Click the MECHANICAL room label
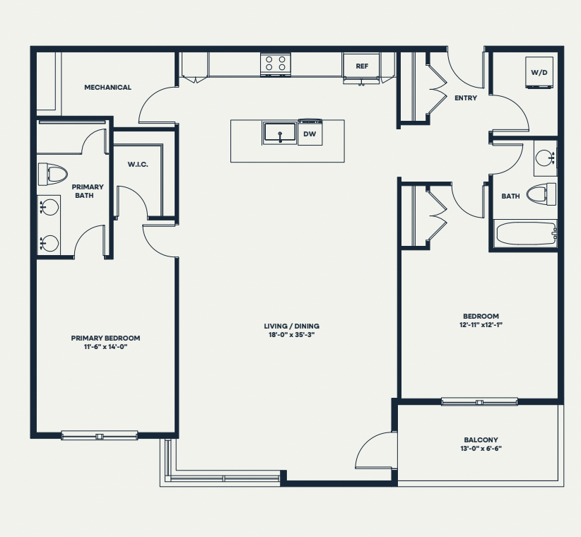(107, 88)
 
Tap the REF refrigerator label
(362, 66)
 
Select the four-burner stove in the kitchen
(276, 64)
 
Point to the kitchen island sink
(280, 133)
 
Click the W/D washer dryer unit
(539, 73)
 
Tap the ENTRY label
(466, 98)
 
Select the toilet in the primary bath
(52, 174)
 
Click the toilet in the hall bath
(541, 194)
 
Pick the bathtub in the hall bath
(526, 233)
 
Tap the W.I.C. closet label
(138, 165)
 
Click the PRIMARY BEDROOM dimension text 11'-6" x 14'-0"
(105, 347)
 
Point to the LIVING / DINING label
(292, 326)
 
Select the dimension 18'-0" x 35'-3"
(292, 335)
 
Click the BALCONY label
(481, 440)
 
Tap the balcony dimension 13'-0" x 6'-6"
(481, 449)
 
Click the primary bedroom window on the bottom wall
(99, 435)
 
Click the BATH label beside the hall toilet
(510, 196)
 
